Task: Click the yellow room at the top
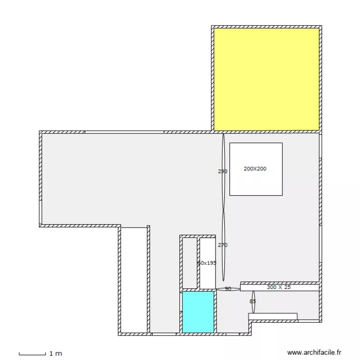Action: [266, 79]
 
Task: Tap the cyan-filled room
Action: [198, 312]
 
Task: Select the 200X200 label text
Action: [255, 169]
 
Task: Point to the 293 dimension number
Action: [222, 171]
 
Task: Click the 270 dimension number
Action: [222, 245]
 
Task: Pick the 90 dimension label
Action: [228, 289]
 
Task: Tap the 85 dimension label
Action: [252, 301]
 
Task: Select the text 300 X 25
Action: [279, 287]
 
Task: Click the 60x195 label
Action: [207, 263]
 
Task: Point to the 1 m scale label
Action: [56, 354]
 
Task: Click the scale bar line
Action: [32, 354]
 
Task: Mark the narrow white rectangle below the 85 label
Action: [273, 316]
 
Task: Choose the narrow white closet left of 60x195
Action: [189, 263]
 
